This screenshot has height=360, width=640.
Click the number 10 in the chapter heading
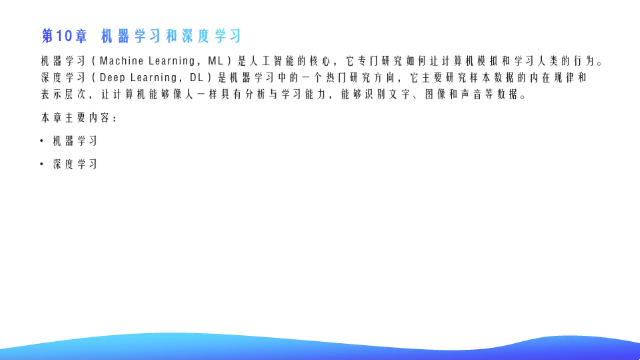point(64,36)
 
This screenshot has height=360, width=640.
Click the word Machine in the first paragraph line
point(122,61)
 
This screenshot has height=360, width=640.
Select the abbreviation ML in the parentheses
point(216,61)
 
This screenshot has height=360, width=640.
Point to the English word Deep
point(112,78)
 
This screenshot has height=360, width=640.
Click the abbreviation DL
point(197,78)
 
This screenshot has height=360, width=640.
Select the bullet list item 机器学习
point(75,141)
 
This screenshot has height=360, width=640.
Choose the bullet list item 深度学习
point(75,164)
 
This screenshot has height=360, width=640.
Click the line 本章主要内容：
point(79,118)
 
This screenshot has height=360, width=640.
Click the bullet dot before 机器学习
point(42,141)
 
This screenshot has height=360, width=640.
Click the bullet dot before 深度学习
point(42,164)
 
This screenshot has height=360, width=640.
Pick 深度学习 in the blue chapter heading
point(211,36)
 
